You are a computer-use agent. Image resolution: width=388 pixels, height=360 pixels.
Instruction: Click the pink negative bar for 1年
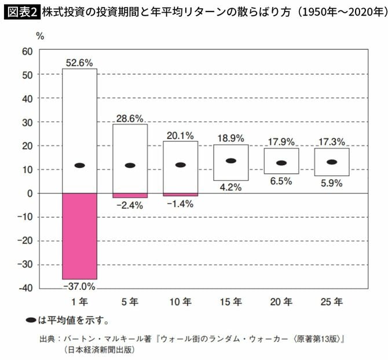pyautogui.click(x=79, y=236)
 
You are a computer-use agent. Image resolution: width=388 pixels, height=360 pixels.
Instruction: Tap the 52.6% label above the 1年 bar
pyautogui.click(x=79, y=63)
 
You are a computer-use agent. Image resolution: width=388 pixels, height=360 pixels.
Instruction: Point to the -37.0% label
pyautogui.click(x=79, y=286)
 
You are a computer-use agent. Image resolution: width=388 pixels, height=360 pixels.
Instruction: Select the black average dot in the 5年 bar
pyautogui.click(x=130, y=165)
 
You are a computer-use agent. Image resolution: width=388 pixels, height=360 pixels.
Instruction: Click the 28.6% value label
pyautogui.click(x=130, y=118)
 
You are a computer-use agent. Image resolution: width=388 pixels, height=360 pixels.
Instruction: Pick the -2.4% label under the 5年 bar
pyautogui.click(x=130, y=205)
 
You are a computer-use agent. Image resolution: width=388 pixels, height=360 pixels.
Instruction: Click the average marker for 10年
pyautogui.click(x=180, y=165)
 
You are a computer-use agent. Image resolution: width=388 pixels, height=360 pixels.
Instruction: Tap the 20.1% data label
pyautogui.click(x=180, y=135)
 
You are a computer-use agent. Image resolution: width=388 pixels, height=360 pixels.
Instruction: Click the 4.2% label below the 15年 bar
pyautogui.click(x=230, y=188)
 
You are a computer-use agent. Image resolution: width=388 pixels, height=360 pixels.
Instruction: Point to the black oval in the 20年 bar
pyautogui.click(x=281, y=163)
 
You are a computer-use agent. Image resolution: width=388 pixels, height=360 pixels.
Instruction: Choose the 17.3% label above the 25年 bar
pyautogui.click(x=332, y=141)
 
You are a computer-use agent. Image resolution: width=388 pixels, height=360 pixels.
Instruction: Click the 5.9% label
pyautogui.click(x=332, y=183)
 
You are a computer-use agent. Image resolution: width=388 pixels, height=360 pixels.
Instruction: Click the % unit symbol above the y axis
pyautogui.click(x=40, y=36)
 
